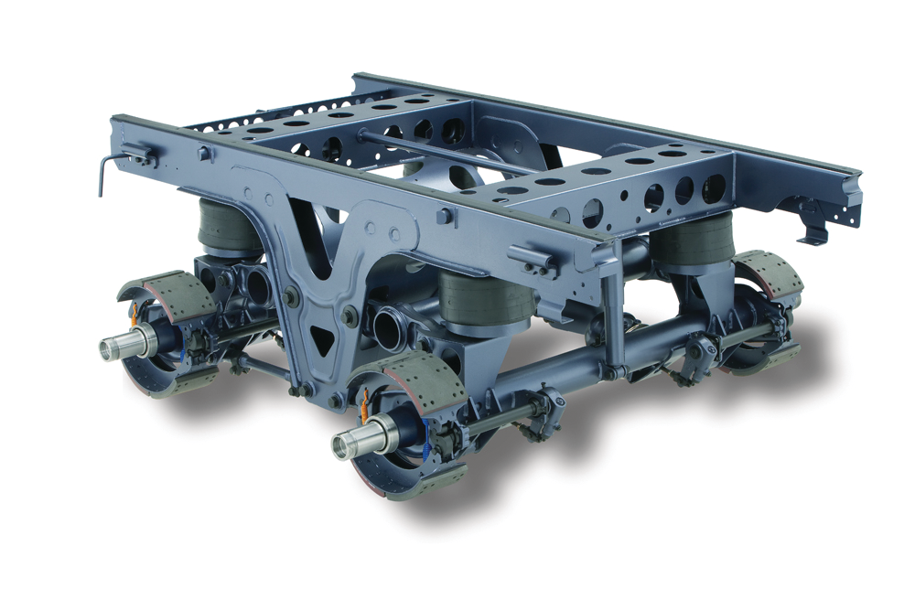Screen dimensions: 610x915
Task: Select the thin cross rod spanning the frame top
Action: coord(439,152)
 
